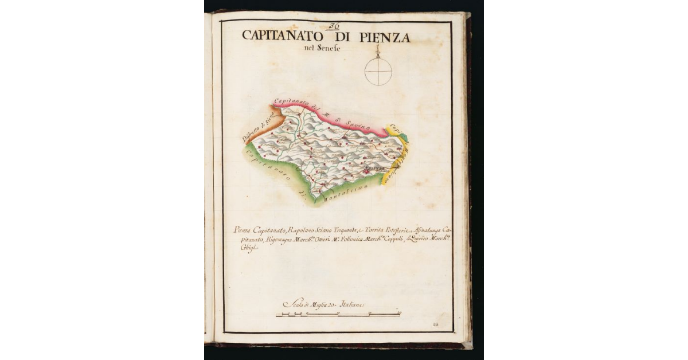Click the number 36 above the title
pyautogui.click(x=334, y=26)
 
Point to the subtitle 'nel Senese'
pyautogui.click(x=322, y=48)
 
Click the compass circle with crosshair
pyautogui.click(x=378, y=72)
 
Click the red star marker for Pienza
pyautogui.click(x=365, y=170)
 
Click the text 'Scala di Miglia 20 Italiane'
pyautogui.click(x=325, y=305)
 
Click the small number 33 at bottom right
pyautogui.click(x=436, y=325)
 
